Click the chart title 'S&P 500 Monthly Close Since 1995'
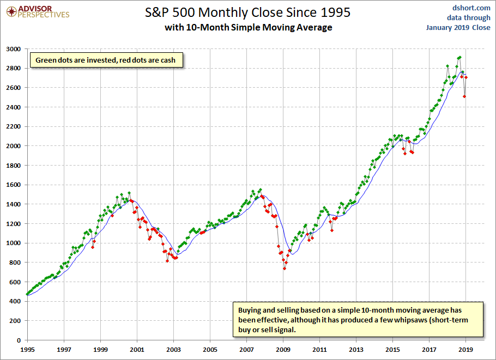(x=248, y=11)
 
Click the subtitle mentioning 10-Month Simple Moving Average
(x=248, y=27)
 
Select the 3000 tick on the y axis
(x=14, y=49)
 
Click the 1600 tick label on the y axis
(x=14, y=185)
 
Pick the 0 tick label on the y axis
(x=18, y=340)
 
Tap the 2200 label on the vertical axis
(x=14, y=127)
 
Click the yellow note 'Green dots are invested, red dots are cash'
(x=106, y=60)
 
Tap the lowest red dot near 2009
(x=284, y=269)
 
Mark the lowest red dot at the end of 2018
(x=464, y=96)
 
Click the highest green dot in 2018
(x=459, y=57)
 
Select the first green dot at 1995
(x=27, y=294)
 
